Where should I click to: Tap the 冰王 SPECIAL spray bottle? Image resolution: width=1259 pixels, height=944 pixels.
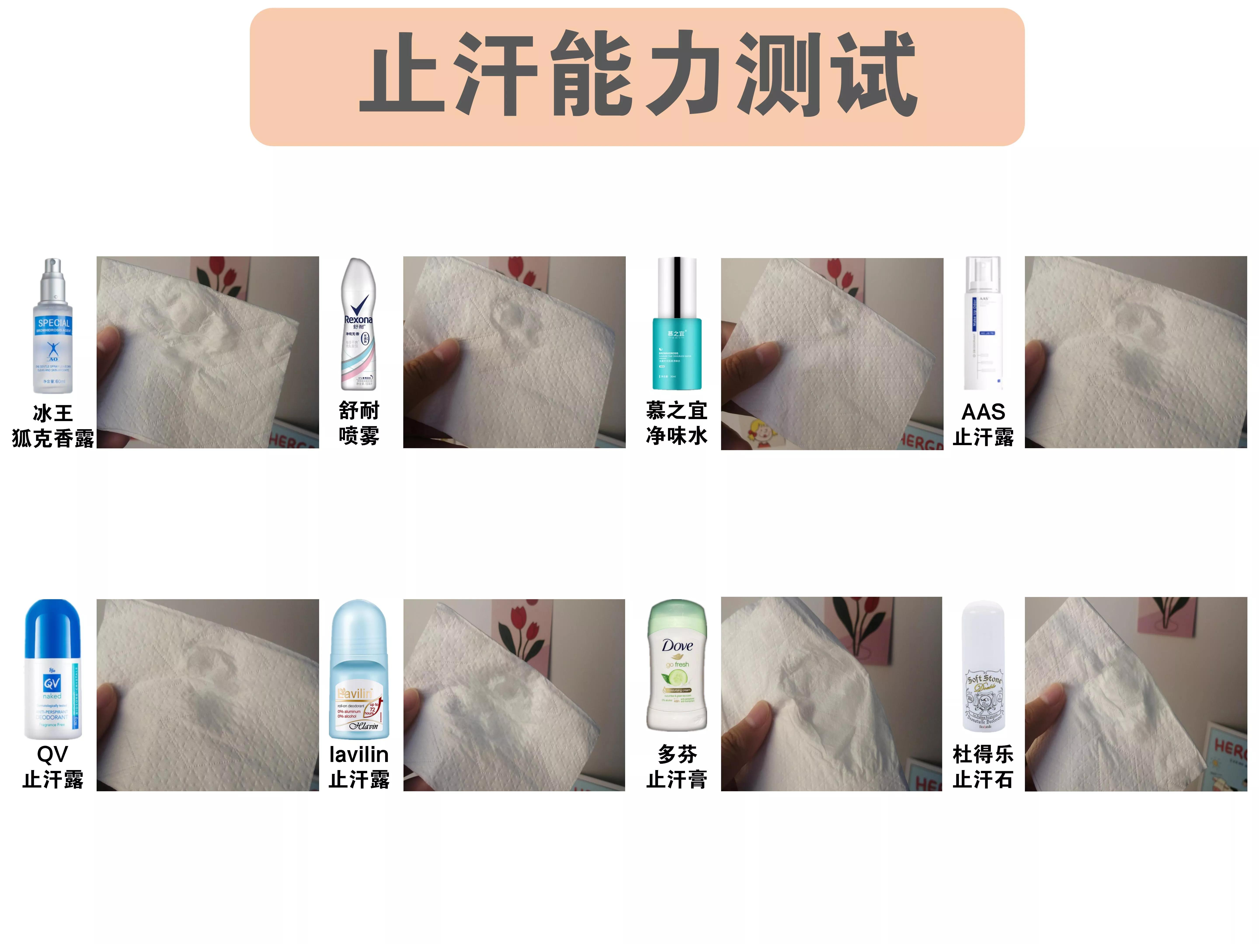tap(53, 327)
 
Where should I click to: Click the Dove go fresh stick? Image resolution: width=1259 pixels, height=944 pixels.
tap(677, 666)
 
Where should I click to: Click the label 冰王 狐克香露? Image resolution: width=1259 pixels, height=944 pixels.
tap(53, 426)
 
